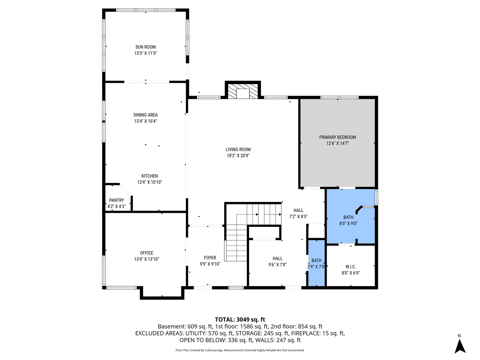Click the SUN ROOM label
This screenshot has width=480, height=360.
(145, 47)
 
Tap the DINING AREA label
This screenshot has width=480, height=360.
(145, 115)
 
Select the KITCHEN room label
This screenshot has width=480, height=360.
(149, 176)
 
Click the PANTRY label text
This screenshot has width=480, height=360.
(116, 200)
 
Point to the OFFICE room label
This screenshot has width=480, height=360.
(147, 253)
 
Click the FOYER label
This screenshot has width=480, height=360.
(210, 258)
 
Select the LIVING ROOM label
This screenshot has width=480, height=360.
(238, 149)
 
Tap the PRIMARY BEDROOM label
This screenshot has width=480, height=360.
(337, 137)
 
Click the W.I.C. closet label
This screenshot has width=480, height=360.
(351, 267)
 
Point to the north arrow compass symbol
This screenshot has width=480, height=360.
(460, 345)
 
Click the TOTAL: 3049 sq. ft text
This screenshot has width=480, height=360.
(240, 319)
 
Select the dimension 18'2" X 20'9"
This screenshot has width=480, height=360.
(238, 156)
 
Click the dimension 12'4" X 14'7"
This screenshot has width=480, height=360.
(337, 143)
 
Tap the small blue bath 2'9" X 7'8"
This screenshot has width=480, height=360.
(316, 263)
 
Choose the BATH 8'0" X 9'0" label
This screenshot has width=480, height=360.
(348, 220)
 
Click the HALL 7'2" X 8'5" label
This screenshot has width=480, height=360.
(298, 213)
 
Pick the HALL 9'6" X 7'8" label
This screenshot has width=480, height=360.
(277, 261)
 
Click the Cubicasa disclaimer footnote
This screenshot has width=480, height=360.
(240, 350)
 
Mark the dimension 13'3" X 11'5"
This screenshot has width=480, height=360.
(145, 53)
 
